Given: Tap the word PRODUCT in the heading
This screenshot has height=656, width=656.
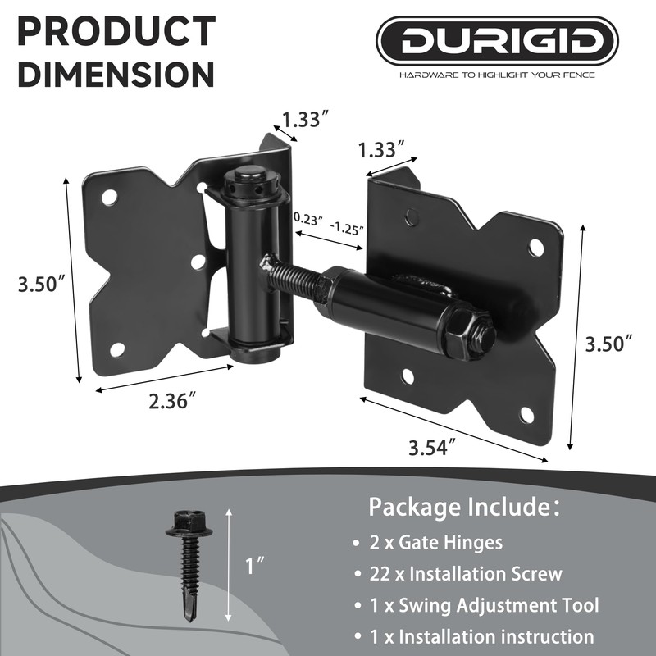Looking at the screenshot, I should click(x=116, y=30).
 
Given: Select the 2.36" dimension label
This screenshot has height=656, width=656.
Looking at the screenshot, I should click(x=172, y=402).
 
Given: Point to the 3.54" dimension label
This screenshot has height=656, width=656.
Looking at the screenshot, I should click(x=432, y=448).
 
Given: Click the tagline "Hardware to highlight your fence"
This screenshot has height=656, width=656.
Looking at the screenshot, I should click(x=498, y=75).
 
